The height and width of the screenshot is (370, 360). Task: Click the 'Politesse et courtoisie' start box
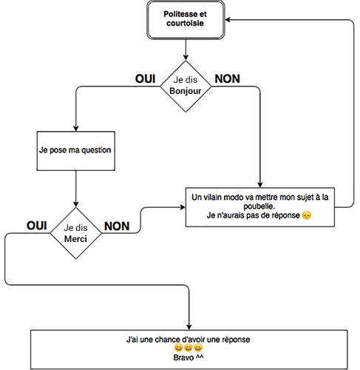point(186,20)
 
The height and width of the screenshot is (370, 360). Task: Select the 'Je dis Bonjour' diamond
point(186,87)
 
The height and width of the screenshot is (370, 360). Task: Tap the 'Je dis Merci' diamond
point(76,233)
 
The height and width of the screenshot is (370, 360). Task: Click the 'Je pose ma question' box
point(76,151)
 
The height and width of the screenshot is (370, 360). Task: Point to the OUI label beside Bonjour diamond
point(146,79)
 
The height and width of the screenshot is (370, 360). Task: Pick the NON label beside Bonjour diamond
point(228,79)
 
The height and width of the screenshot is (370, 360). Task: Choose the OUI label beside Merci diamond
point(37,226)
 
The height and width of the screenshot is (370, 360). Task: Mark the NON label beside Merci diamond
point(117,226)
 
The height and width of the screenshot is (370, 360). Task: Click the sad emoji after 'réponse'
point(307,215)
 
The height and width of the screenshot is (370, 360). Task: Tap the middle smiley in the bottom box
point(189,348)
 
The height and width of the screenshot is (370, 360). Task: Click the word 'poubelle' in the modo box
point(259,206)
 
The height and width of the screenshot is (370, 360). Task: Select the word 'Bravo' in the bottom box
point(183,357)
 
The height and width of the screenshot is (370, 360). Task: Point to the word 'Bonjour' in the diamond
point(186,91)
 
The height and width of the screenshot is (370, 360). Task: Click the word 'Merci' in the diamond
point(75,239)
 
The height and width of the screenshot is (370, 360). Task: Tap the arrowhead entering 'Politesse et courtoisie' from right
point(228,20)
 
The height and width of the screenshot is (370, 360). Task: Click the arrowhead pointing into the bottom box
point(189,327)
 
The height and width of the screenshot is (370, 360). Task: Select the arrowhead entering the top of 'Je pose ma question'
point(76,129)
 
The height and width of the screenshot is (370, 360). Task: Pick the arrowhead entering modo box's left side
point(183,207)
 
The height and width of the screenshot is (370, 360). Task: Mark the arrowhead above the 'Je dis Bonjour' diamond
point(186,58)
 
